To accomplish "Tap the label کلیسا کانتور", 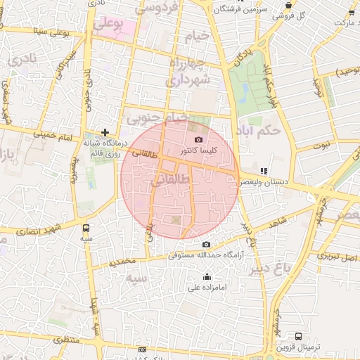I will click(x=203, y=150).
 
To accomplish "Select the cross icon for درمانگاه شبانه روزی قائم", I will click(x=105, y=131).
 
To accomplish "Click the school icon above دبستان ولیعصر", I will click(x=264, y=170).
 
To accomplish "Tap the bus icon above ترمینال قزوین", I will click(x=298, y=336).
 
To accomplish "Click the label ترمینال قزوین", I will click(x=298, y=347).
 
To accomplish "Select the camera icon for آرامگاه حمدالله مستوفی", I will click(x=205, y=245).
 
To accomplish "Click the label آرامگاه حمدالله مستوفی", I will click(x=205, y=255).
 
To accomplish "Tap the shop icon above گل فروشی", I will click(x=289, y=4).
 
